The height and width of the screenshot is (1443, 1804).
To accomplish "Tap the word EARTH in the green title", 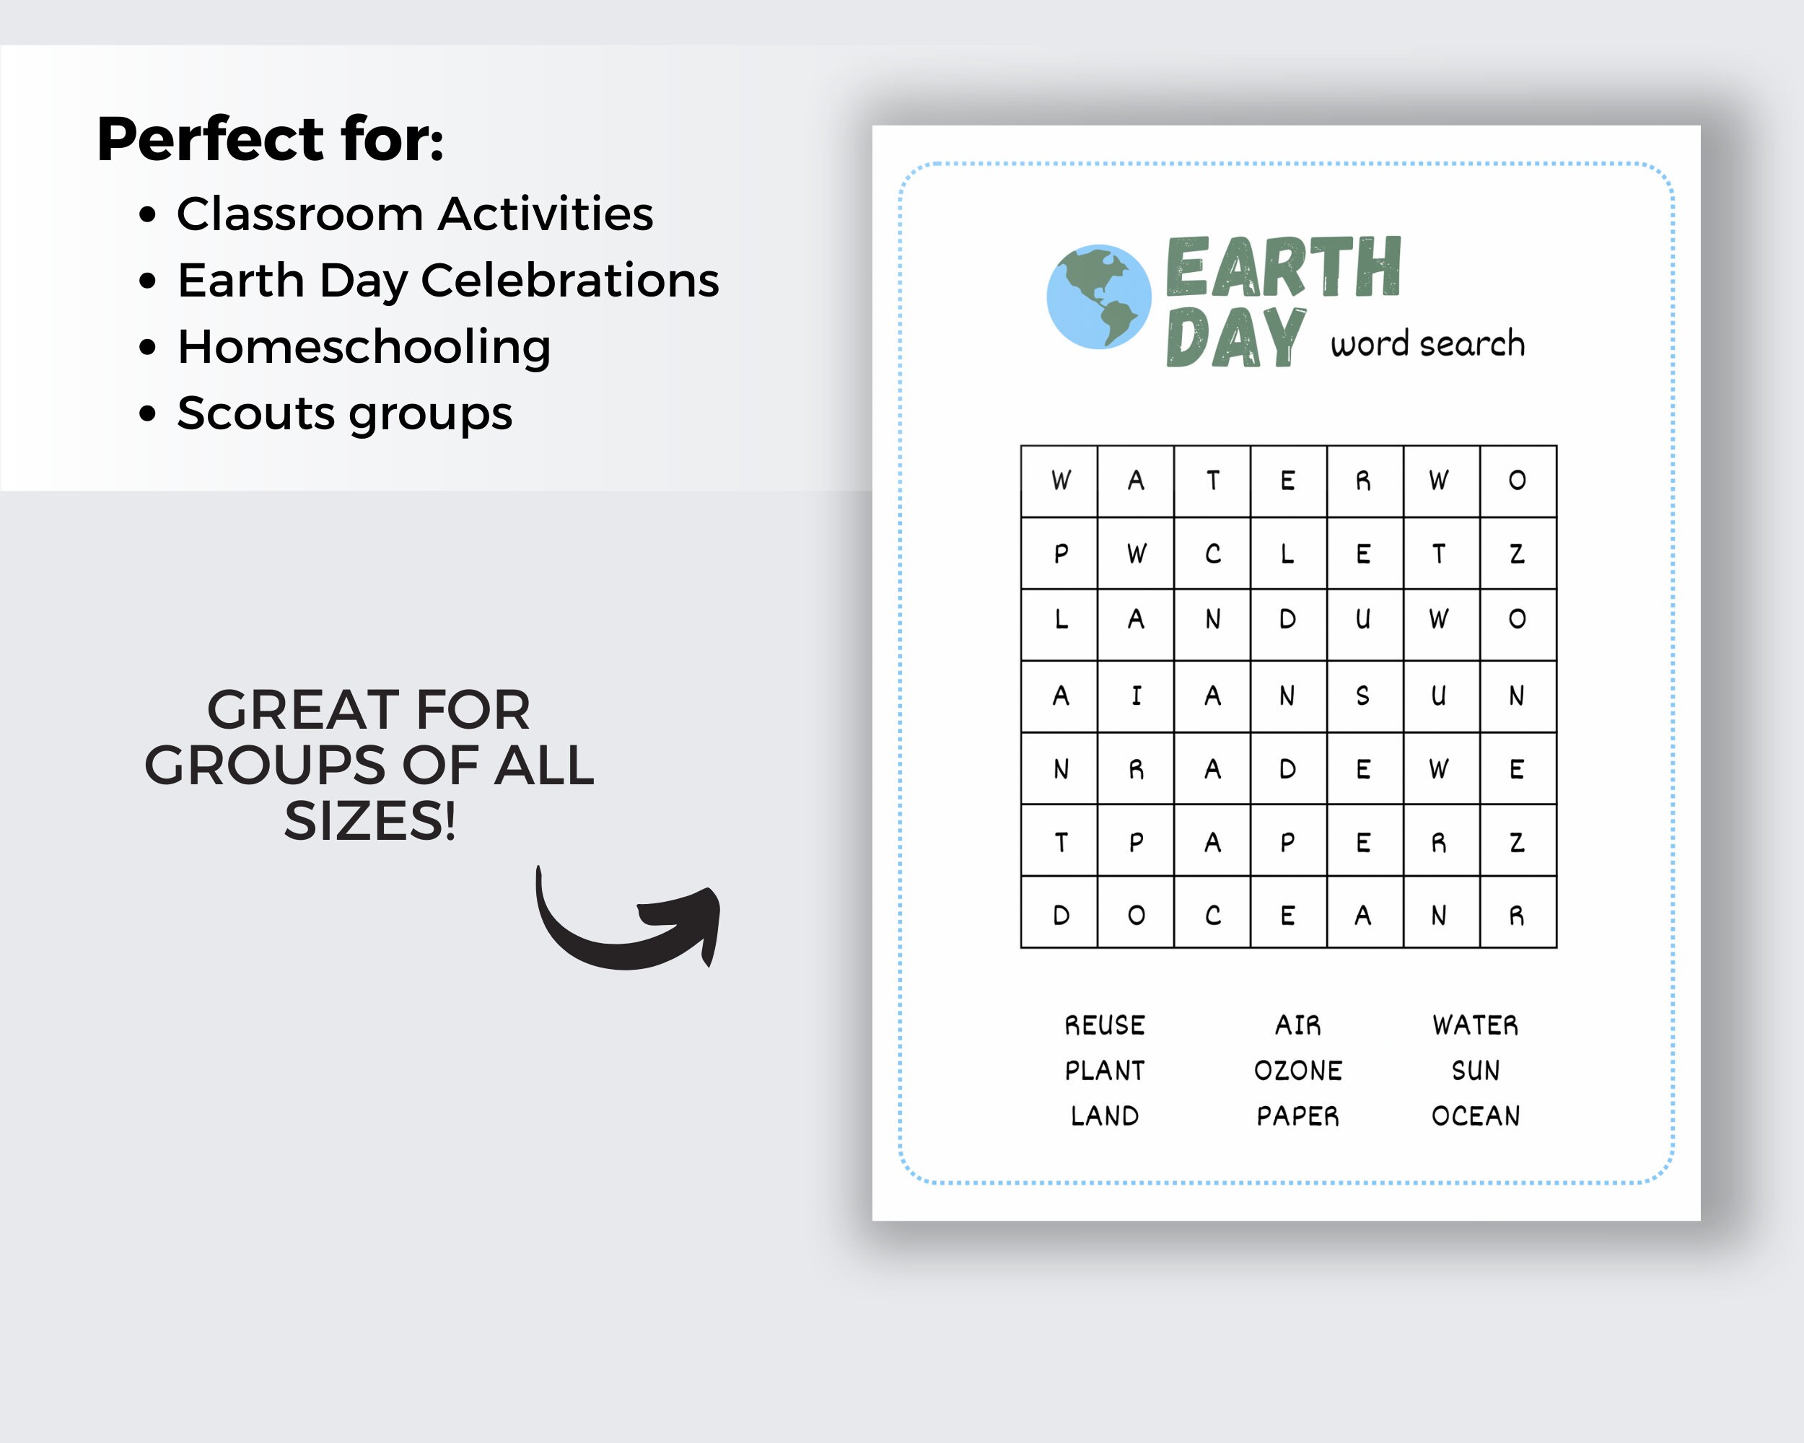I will (x=1283, y=267).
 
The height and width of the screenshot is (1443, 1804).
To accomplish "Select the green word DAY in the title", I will (x=1235, y=337).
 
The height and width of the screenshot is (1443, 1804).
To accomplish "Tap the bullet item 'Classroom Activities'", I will (x=414, y=214).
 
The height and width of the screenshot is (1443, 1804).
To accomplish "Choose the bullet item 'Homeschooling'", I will (x=364, y=346).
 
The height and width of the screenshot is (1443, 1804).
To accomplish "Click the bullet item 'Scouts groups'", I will (x=345, y=413).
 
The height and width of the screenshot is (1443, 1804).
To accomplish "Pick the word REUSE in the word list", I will (x=1105, y=1025).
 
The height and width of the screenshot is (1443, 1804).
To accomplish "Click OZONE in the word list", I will (x=1297, y=1071).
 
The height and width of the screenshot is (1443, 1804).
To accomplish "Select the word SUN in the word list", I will (x=1476, y=1071).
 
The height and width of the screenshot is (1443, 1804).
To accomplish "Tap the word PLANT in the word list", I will (x=1105, y=1071).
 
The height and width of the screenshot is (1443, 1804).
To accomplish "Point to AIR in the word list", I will (x=1297, y=1025).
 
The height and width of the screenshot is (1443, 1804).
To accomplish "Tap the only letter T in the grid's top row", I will (x=1212, y=481).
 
